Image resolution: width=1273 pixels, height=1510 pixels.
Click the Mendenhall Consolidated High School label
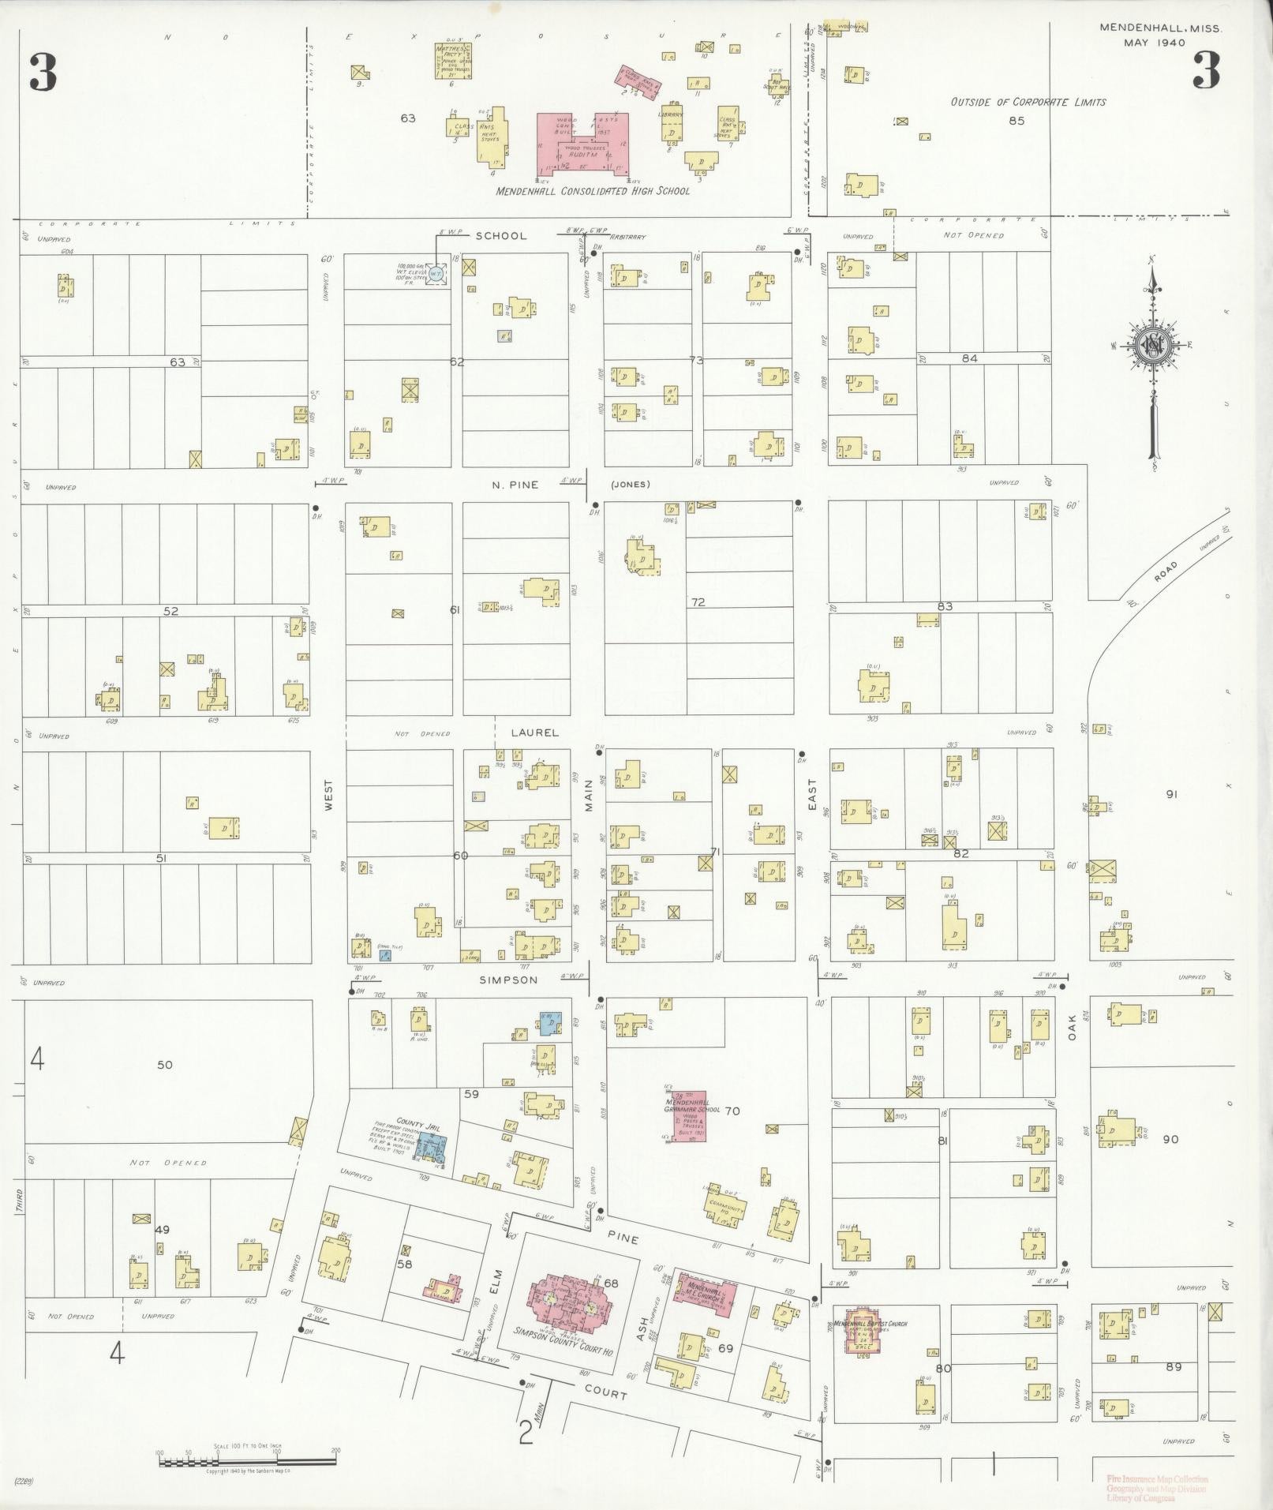(593, 191)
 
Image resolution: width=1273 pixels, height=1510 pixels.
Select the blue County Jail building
(431, 1145)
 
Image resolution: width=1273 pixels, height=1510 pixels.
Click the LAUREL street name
(534, 733)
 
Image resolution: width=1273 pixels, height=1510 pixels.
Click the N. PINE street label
(515, 485)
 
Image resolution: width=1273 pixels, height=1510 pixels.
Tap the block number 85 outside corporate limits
(1017, 121)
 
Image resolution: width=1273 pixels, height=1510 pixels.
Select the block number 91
(1170, 794)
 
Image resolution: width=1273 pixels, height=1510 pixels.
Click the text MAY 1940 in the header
(1155, 43)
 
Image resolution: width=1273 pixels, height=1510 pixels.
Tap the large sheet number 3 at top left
(43, 72)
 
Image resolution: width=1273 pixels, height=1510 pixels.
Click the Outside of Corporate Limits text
(1028, 102)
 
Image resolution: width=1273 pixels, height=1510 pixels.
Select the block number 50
(164, 1065)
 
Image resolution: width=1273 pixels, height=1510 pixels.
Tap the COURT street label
(605, 1395)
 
